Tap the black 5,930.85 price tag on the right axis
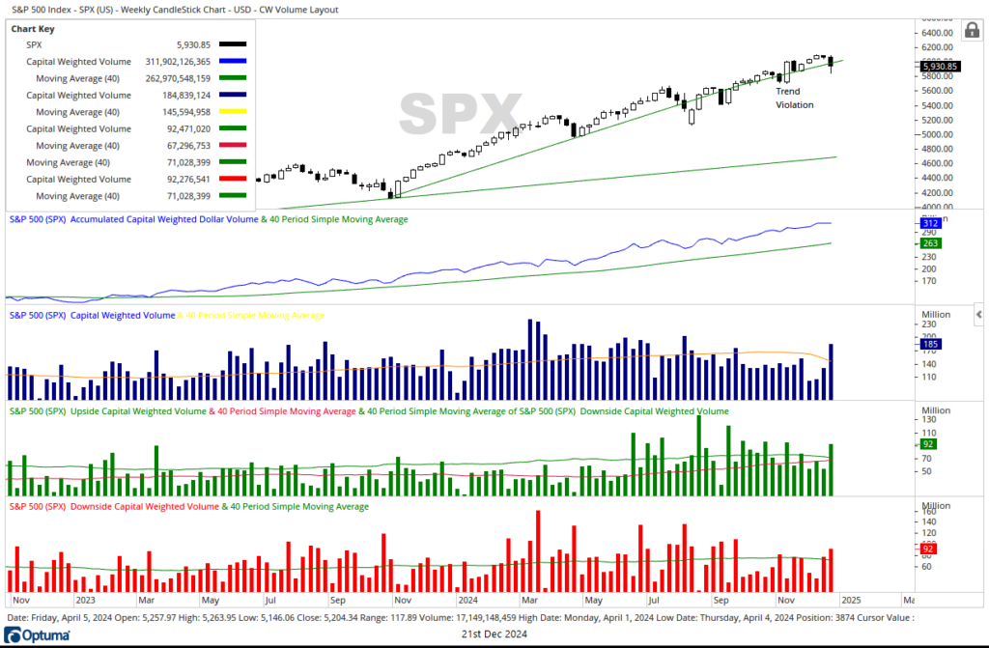click(939, 67)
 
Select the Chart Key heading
click(33, 29)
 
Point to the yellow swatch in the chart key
click(233, 112)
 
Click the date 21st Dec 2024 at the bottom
click(494, 635)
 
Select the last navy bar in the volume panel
click(831, 372)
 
